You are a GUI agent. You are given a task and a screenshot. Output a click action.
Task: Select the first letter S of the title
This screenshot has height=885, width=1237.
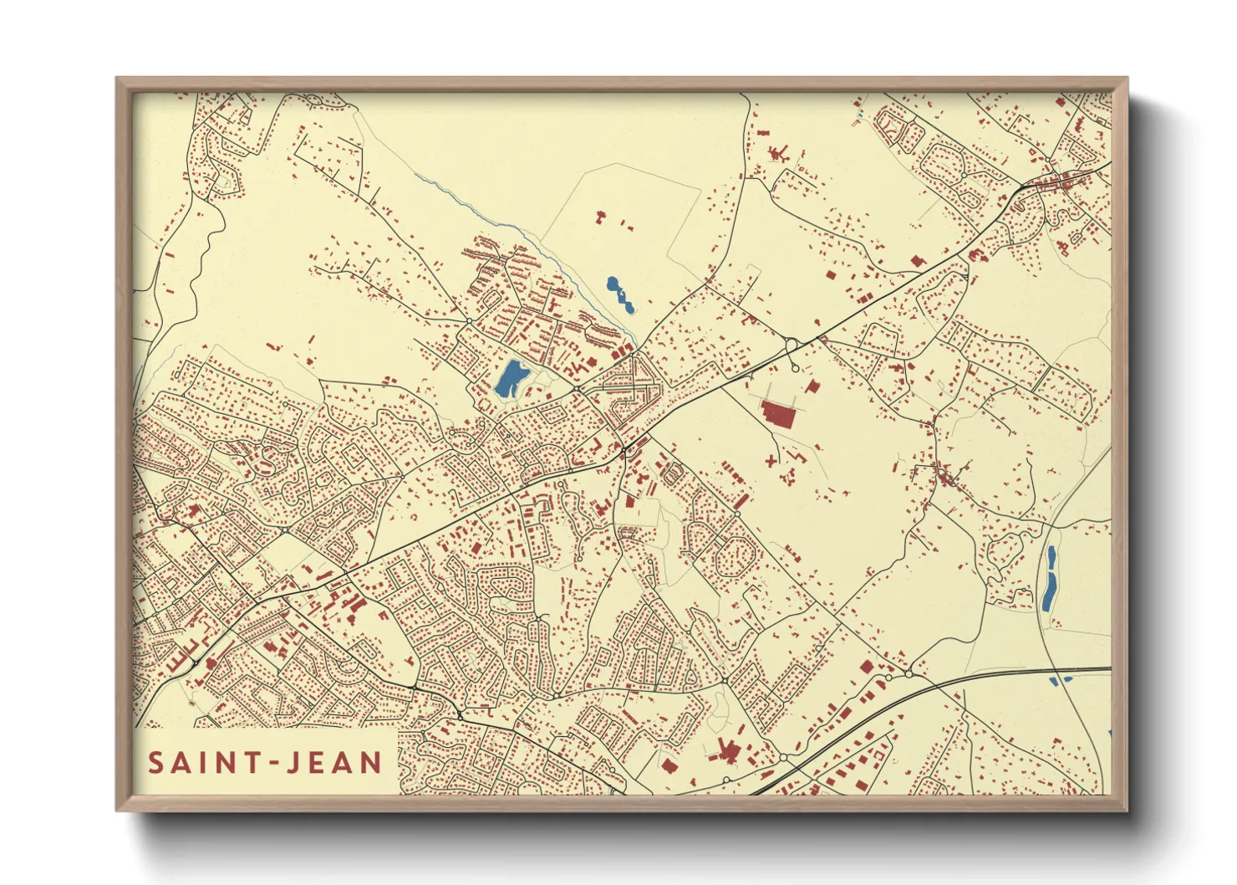click(x=155, y=763)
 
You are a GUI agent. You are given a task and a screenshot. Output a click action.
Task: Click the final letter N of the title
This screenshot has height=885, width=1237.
click(x=371, y=763)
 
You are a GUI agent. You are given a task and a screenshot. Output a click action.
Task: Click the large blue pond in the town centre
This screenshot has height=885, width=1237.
click(x=511, y=379)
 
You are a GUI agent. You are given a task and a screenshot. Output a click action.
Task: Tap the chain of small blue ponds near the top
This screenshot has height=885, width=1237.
click(x=620, y=294)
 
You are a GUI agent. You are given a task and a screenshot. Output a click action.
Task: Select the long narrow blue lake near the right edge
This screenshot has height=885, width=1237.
click(x=1049, y=578)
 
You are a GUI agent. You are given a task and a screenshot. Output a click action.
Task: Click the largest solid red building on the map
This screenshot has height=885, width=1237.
click(x=778, y=413)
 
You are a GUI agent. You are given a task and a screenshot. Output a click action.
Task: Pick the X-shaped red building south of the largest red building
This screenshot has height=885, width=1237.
click(x=771, y=459)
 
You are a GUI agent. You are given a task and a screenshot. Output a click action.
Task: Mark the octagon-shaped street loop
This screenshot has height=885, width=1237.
click(x=736, y=552)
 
